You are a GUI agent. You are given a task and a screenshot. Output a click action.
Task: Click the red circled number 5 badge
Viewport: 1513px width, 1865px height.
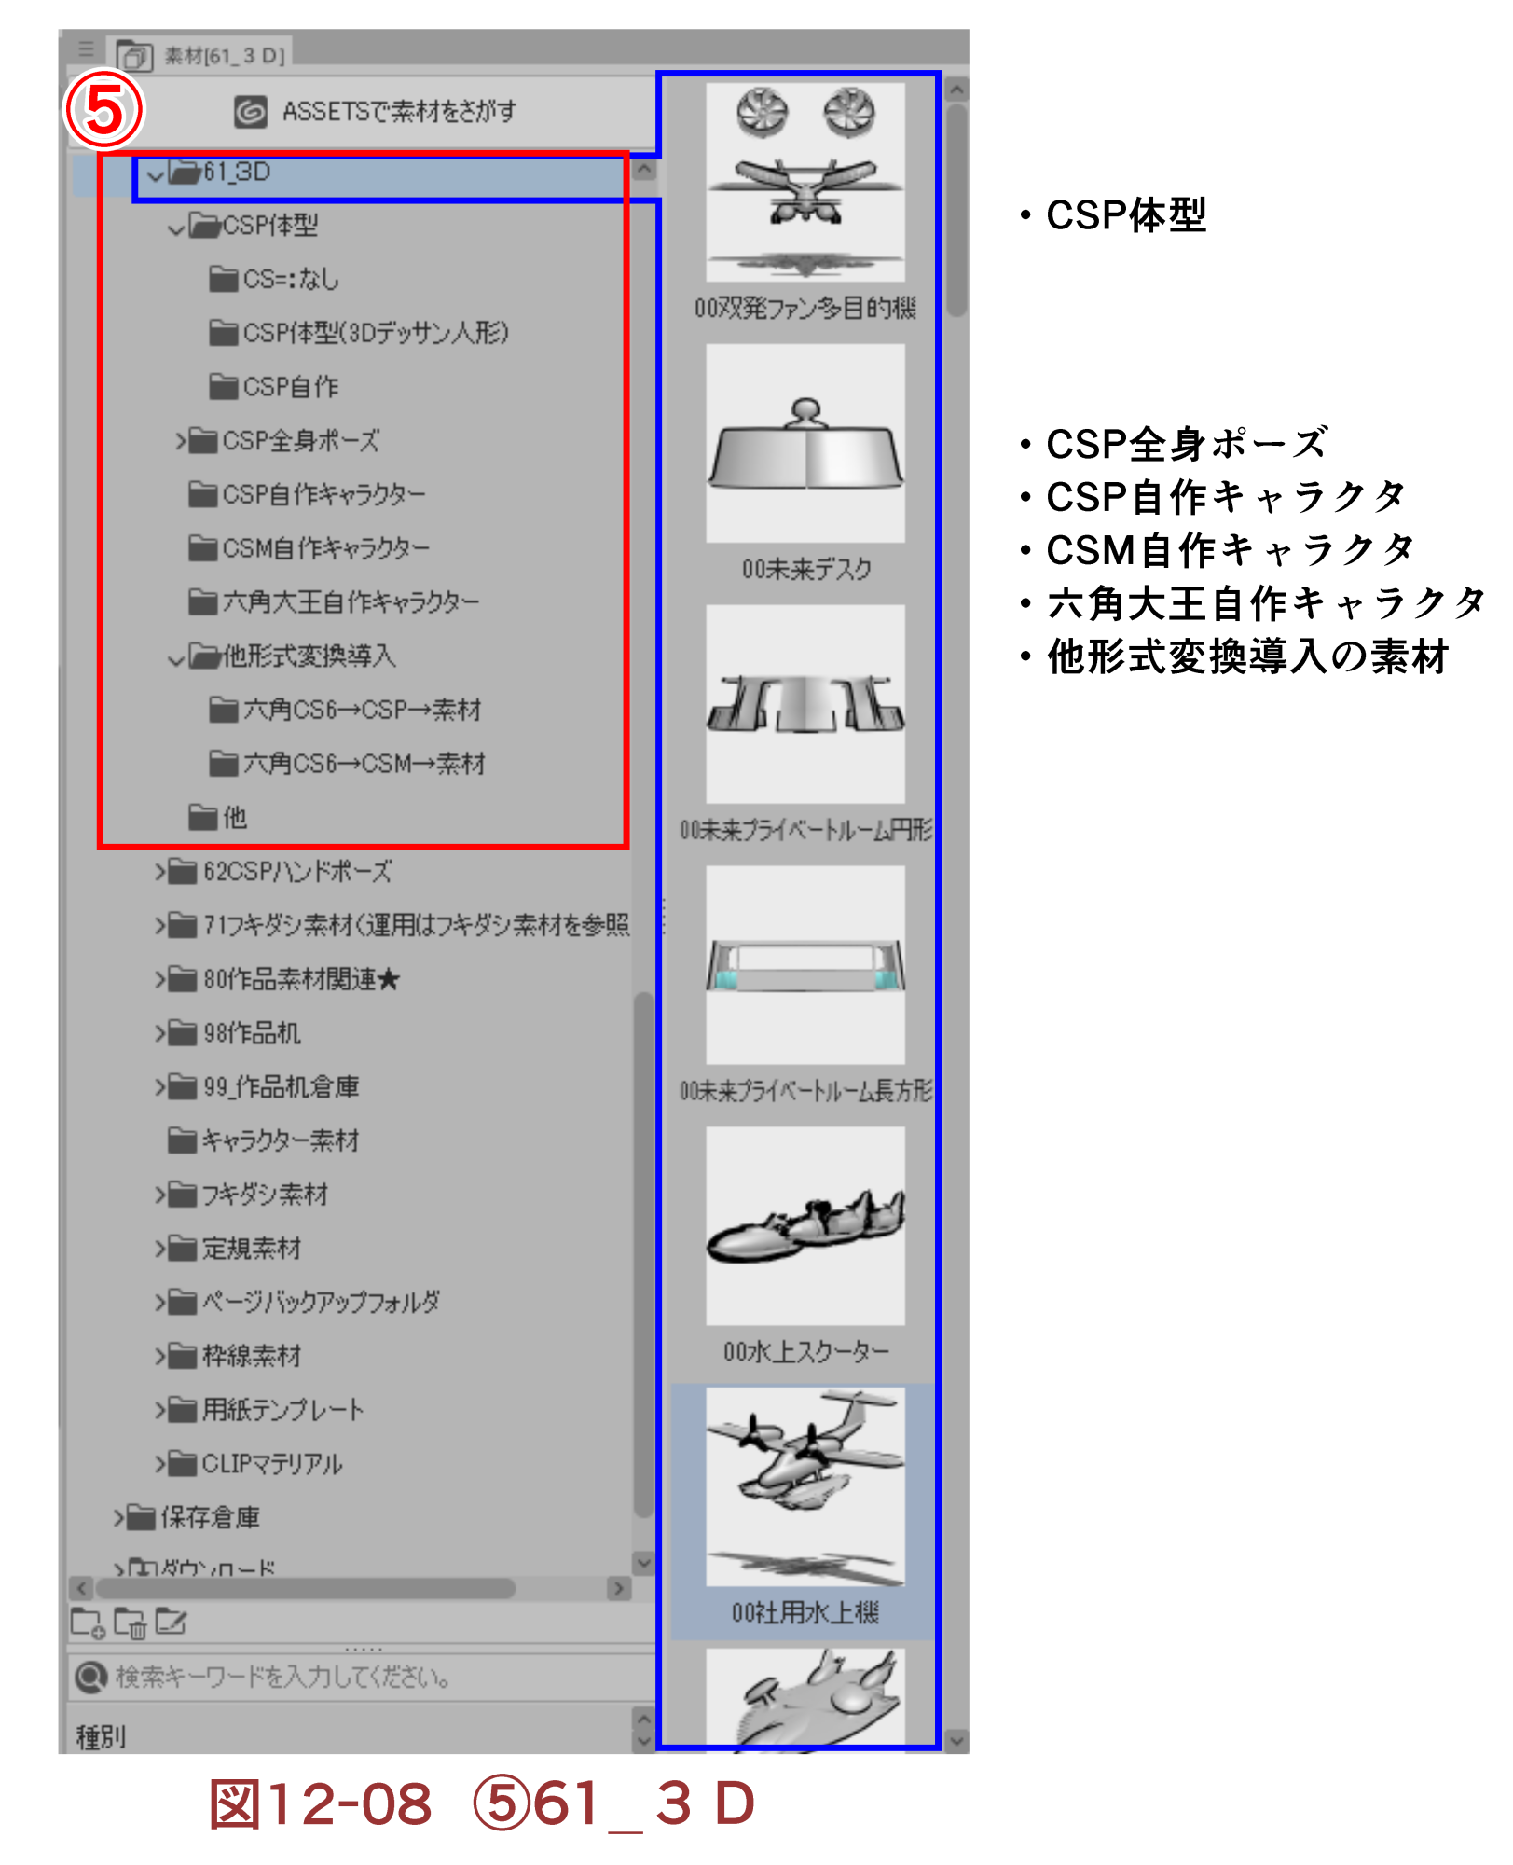click(103, 109)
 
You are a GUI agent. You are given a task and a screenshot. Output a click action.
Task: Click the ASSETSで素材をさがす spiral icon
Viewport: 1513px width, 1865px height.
click(250, 112)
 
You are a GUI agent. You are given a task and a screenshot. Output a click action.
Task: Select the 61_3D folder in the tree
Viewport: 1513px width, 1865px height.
click(237, 173)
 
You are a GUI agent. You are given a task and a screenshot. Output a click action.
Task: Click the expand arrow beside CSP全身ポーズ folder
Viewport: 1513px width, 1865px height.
click(180, 440)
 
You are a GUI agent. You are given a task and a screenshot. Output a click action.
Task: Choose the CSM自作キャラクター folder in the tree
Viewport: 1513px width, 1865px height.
click(324, 548)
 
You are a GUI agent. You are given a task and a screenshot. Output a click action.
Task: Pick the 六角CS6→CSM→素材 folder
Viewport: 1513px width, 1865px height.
click(363, 765)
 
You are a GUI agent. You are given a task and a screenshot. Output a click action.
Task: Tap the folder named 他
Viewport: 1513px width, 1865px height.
click(233, 818)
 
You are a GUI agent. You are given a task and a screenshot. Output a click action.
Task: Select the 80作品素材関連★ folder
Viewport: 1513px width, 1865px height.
click(300, 980)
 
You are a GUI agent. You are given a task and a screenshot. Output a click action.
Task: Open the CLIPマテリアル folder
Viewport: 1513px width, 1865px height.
click(271, 1464)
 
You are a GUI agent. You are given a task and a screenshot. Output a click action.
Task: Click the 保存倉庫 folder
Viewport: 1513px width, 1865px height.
click(210, 1518)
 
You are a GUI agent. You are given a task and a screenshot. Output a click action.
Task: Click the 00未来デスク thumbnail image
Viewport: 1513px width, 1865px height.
click(805, 443)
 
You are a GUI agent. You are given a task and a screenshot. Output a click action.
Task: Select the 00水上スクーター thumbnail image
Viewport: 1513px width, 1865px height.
click(805, 1225)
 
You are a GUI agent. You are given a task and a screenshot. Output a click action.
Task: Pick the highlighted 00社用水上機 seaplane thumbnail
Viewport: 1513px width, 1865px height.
click(805, 1486)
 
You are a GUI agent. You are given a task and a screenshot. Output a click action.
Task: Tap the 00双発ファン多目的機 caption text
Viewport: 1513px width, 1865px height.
click(805, 309)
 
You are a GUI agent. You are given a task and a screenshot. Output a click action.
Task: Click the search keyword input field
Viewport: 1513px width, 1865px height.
click(373, 1678)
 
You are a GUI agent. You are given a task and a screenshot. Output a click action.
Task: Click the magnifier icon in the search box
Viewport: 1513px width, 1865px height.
click(90, 1678)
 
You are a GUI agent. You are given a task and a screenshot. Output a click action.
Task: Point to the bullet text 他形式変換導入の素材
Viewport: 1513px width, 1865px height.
click(1247, 657)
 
